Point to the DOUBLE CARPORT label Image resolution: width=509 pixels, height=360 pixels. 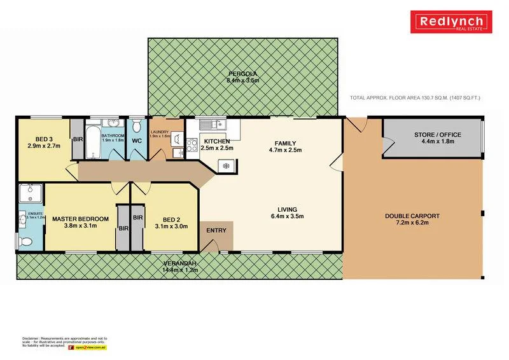412,216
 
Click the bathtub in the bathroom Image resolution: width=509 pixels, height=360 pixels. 93,142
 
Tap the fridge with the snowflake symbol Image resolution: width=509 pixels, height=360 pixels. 224,166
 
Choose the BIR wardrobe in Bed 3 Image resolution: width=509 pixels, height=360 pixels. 78,139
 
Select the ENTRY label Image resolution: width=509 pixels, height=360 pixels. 216,230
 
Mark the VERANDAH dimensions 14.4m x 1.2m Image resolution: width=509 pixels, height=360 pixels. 181,270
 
